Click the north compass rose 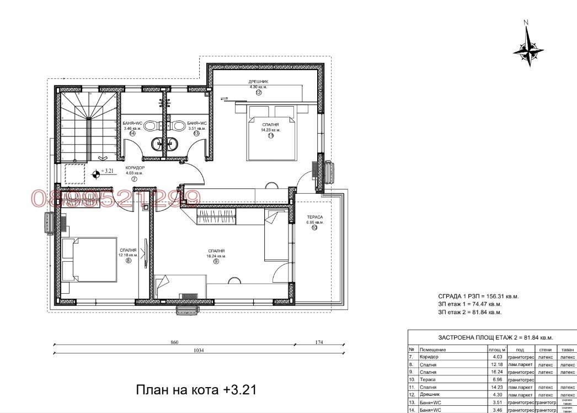[528, 49]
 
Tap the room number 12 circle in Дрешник [258, 93]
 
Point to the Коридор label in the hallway [134, 168]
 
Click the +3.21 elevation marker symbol [96, 173]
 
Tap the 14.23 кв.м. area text [270, 130]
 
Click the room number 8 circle [129, 261]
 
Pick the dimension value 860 [174, 343]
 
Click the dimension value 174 [319, 343]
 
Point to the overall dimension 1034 [199, 351]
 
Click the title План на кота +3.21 [196, 390]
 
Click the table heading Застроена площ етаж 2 [492, 337]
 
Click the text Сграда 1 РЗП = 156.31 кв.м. [478, 296]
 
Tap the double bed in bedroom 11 [270, 133]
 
